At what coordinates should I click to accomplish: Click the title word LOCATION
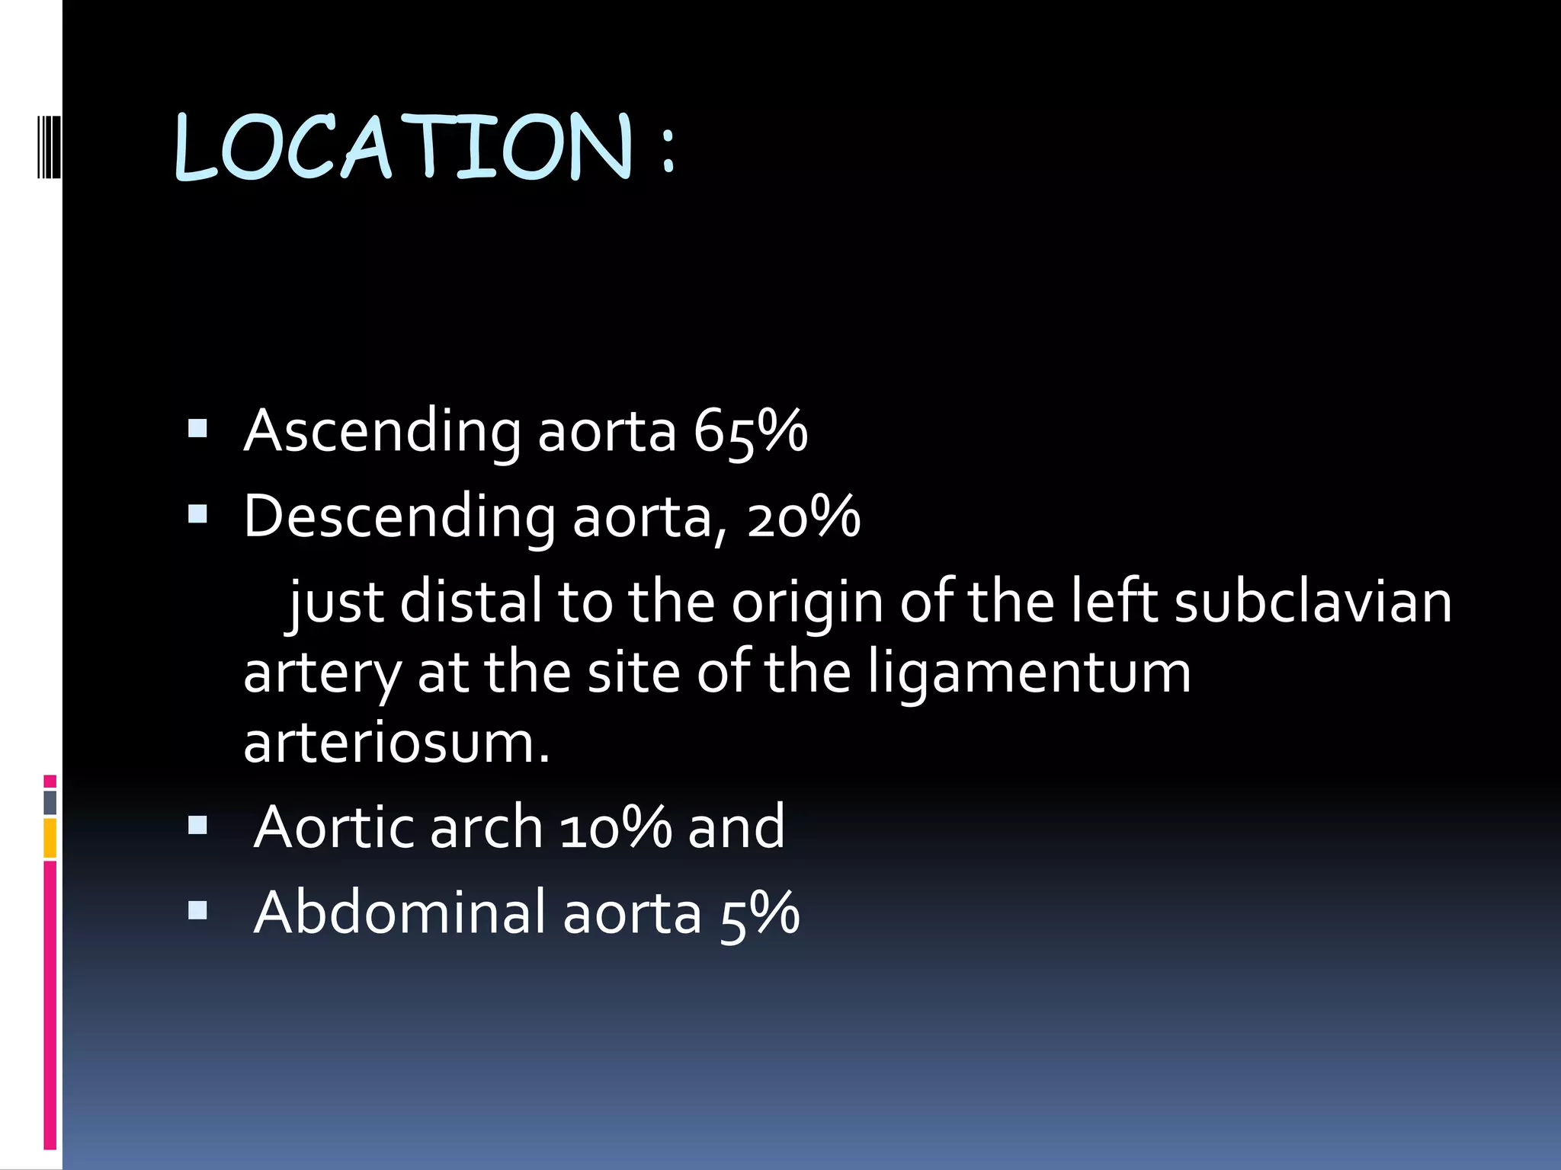click(403, 146)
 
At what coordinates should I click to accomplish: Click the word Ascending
click(382, 431)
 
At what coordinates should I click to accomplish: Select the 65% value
click(750, 431)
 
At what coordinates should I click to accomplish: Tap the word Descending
click(399, 516)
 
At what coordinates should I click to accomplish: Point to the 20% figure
click(803, 516)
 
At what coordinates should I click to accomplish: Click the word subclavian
click(1313, 602)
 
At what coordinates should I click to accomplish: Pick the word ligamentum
click(1029, 673)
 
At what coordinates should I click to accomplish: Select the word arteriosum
click(396, 743)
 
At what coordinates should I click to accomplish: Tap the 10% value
click(615, 827)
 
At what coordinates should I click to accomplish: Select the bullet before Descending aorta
click(197, 515)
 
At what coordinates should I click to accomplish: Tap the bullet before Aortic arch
click(197, 826)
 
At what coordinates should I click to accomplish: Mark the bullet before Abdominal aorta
click(197, 910)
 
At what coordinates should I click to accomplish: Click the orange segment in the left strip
click(50, 838)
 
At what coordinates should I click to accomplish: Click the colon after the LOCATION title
click(668, 150)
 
